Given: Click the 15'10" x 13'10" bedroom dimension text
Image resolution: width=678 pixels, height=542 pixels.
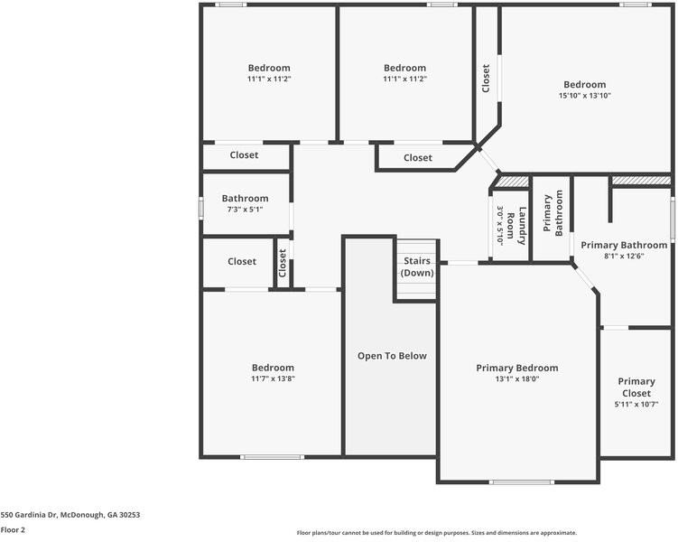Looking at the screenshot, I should click(584, 95).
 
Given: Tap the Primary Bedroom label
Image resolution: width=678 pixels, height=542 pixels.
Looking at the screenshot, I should click(516, 368).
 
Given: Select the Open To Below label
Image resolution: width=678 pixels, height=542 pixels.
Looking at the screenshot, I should click(392, 356).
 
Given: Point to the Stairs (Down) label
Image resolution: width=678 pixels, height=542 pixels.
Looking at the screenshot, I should click(417, 266).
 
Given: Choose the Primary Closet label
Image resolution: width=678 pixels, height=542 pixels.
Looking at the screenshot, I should click(636, 387).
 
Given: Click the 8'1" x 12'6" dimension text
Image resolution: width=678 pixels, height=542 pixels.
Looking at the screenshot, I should click(624, 256).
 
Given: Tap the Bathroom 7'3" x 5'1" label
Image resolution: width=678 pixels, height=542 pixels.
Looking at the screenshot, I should click(245, 199).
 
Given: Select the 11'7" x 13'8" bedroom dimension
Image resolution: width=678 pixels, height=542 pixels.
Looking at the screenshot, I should click(273, 378).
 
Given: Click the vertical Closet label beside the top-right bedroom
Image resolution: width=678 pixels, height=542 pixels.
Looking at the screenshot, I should click(486, 78).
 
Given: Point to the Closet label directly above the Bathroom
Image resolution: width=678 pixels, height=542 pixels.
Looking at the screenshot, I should click(244, 155).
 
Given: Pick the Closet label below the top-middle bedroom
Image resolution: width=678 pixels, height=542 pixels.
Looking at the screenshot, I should click(417, 158).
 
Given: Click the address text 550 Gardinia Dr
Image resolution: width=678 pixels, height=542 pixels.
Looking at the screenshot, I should click(70, 514).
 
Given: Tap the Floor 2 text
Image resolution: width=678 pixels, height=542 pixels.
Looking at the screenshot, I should click(13, 529).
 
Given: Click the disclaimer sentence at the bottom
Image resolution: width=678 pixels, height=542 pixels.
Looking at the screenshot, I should click(436, 533).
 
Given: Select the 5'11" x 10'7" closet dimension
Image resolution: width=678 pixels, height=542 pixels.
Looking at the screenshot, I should click(636, 404).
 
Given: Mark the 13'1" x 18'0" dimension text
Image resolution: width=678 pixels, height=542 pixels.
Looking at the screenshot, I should click(516, 379).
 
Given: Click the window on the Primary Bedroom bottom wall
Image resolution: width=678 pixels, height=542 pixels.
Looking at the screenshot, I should click(521, 481).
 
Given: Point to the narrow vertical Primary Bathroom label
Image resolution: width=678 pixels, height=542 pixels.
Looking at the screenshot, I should click(552, 214).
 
